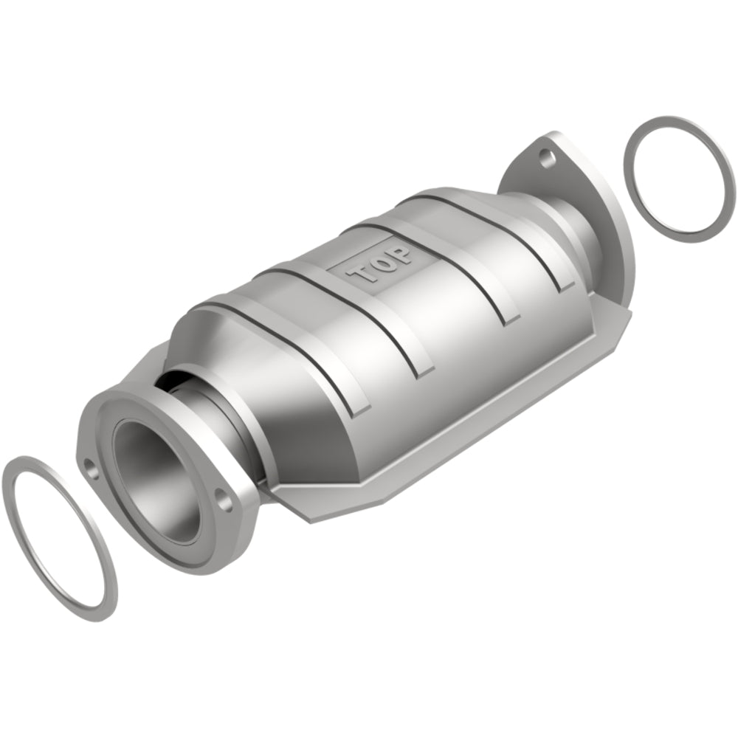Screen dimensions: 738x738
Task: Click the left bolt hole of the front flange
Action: click(x=90, y=466)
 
